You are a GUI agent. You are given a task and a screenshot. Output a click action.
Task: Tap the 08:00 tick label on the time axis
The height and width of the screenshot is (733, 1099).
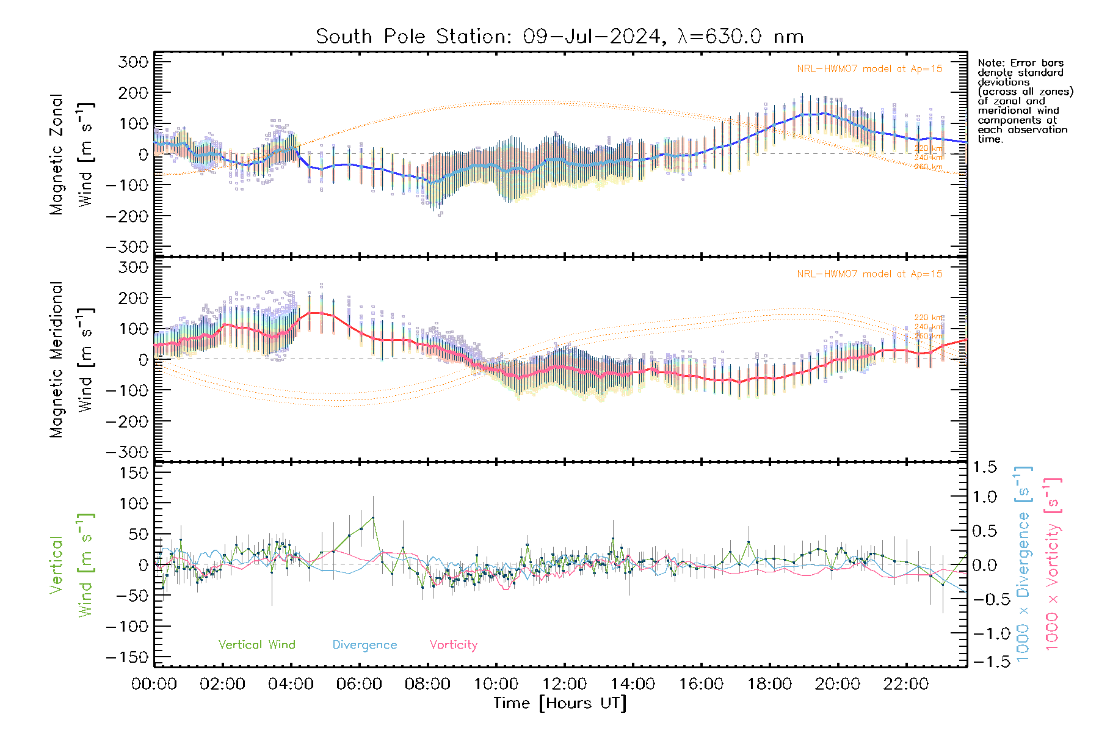click(x=427, y=684)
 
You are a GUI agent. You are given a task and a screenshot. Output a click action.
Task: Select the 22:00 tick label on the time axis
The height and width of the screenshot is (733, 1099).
click(x=906, y=684)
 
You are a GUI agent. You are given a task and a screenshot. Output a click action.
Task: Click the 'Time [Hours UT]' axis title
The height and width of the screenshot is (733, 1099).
click(x=559, y=703)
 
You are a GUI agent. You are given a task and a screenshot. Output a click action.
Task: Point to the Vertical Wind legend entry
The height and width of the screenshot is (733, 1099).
click(x=256, y=644)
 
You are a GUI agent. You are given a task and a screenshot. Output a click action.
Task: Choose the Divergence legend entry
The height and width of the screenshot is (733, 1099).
click(x=365, y=644)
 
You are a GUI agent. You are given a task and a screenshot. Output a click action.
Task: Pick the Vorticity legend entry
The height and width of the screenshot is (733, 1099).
click(x=453, y=644)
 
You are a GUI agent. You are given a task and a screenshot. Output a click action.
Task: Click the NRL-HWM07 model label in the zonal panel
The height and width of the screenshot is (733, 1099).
click(x=869, y=69)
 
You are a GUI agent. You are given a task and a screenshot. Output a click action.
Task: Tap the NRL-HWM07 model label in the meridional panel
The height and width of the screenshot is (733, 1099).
click(x=869, y=274)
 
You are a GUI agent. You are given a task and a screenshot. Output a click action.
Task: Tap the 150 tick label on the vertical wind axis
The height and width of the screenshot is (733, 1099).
click(x=135, y=473)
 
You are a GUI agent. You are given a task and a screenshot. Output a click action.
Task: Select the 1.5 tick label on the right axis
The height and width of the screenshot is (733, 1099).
click(x=984, y=467)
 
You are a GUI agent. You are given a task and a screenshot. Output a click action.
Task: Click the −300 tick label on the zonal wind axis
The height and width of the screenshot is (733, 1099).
click(x=127, y=247)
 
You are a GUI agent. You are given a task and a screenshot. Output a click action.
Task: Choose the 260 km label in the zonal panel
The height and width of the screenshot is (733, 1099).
click(x=928, y=167)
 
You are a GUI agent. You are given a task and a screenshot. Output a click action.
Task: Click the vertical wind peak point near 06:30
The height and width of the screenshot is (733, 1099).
click(x=373, y=517)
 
